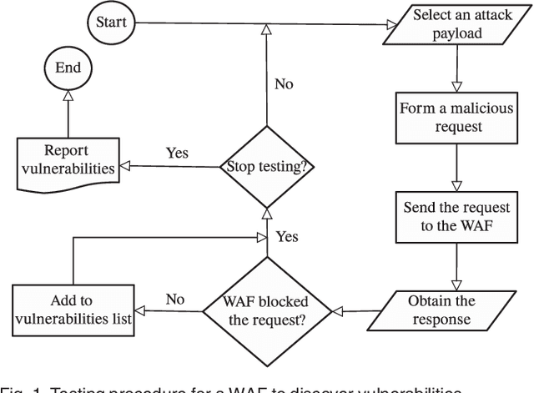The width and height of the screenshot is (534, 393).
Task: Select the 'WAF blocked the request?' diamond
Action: (x=266, y=310)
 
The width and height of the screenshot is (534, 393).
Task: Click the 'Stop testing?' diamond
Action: (x=266, y=166)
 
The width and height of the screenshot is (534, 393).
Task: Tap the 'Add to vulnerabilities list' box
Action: (x=73, y=310)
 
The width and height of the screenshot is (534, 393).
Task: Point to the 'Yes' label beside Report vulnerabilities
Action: (x=177, y=154)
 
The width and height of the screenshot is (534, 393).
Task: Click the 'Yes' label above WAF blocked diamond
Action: (x=286, y=236)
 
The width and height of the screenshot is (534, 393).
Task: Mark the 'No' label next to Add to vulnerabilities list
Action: (x=174, y=299)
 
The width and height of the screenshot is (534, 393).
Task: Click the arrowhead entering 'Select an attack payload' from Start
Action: (x=393, y=23)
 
